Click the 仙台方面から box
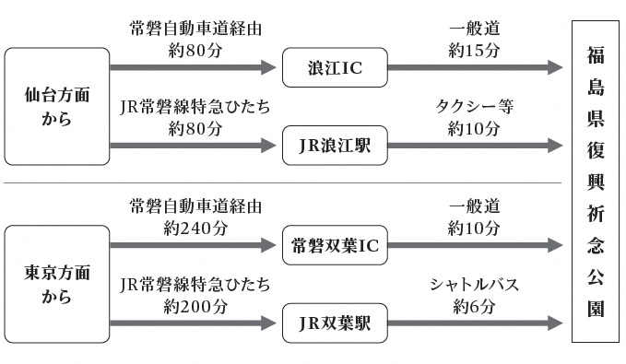56,106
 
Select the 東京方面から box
56,285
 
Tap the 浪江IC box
333,67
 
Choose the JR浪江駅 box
333,146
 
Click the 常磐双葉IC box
333,245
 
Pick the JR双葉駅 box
333,323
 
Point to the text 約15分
474,50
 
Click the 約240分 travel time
195,228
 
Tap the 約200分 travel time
195,306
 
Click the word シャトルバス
474,285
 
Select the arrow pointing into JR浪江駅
193,146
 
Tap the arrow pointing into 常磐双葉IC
193,245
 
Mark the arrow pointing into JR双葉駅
193,323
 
